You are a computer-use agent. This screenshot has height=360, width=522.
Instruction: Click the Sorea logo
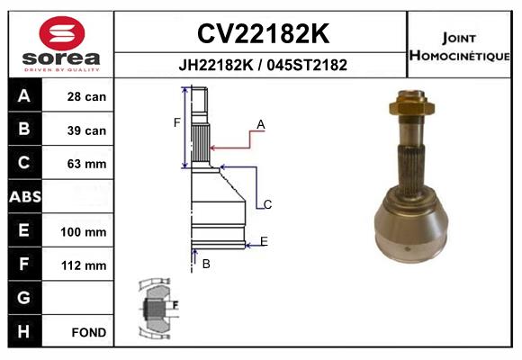[62, 44]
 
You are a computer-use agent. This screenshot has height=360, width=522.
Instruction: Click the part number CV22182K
[262, 34]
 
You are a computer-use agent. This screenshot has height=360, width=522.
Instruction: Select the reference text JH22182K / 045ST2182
[262, 65]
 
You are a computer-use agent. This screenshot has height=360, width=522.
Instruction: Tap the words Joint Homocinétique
[462, 46]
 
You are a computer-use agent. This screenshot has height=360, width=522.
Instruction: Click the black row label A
[24, 96]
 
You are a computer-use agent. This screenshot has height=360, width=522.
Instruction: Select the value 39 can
[86, 130]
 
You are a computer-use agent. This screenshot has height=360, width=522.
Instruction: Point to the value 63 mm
[86, 164]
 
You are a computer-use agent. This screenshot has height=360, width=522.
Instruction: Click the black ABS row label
[24, 197]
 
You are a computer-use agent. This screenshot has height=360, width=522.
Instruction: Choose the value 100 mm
[84, 231]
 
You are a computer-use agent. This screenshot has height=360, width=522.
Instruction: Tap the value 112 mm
[84, 265]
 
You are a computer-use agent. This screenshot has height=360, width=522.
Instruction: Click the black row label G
[24, 298]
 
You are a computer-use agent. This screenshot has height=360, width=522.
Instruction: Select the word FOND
[89, 332]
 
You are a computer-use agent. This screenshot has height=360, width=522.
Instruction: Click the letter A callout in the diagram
[261, 123]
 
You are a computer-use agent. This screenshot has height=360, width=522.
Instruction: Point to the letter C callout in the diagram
[267, 205]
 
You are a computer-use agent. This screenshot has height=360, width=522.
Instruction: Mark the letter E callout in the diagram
[264, 240]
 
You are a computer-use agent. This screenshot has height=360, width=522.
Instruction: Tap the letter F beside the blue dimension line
[177, 122]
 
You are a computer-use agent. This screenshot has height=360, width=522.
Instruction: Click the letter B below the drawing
[206, 264]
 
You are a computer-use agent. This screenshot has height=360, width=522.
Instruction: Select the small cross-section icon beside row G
[158, 306]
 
